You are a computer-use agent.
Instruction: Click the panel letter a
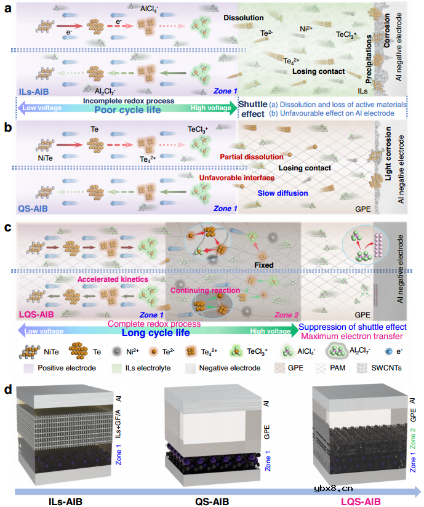coord(8,9)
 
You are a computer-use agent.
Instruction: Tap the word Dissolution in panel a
coord(244,18)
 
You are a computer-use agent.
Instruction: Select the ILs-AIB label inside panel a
coord(34,92)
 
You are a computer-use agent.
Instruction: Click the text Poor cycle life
coord(127,110)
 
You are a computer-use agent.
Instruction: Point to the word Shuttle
coord(253,104)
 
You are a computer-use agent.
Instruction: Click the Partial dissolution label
coord(252,157)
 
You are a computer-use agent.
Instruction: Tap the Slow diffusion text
coord(282,193)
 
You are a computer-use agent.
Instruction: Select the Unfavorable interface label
coord(237,178)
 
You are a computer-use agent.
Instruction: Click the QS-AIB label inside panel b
coord(33,209)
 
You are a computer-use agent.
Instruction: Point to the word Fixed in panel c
coord(264,265)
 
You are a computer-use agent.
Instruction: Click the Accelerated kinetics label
coord(113,279)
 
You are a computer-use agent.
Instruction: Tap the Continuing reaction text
coord(205,290)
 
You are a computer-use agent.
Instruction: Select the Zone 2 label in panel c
coord(286,315)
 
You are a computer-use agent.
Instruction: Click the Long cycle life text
coord(156,333)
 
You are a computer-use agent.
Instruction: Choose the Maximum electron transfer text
coord(352,337)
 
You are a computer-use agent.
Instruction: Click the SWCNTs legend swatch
coord(362,368)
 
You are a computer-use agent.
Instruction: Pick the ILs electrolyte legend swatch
coord(116,369)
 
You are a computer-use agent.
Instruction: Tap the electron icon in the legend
coord(389,351)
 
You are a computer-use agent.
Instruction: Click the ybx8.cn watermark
coord(333,489)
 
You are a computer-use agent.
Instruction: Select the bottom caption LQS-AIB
coord(361,502)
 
